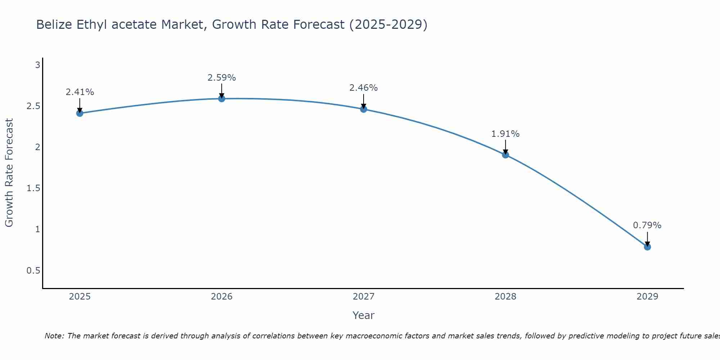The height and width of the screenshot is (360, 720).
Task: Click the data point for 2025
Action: pyautogui.click(x=80, y=113)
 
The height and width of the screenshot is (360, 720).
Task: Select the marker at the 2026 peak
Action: pyautogui.click(x=222, y=98)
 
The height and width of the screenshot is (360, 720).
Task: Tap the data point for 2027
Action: pyautogui.click(x=364, y=109)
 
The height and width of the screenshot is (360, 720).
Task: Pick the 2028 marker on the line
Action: pyautogui.click(x=505, y=155)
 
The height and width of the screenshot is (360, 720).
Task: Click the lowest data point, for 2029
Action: pyautogui.click(x=647, y=247)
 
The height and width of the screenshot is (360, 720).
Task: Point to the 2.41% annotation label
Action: pyautogui.click(x=80, y=92)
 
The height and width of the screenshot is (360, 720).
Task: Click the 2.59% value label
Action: pyautogui.click(x=222, y=78)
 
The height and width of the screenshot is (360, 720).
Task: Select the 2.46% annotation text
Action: pyautogui.click(x=364, y=88)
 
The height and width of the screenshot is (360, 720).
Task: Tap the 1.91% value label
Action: pyautogui.click(x=505, y=134)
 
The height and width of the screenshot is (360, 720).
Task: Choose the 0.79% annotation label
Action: pyautogui.click(x=647, y=225)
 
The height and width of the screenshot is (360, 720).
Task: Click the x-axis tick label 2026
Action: pyautogui.click(x=222, y=297)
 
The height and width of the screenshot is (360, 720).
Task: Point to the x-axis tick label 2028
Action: pyautogui.click(x=505, y=297)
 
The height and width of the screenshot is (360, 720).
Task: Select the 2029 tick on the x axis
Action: pyautogui.click(x=647, y=297)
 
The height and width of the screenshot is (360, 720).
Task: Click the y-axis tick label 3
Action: pyautogui.click(x=37, y=65)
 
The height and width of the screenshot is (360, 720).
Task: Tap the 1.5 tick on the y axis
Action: pyautogui.click(x=33, y=188)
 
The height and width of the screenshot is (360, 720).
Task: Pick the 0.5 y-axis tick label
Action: pyautogui.click(x=33, y=270)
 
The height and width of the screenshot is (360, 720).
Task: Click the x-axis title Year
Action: pyautogui.click(x=364, y=315)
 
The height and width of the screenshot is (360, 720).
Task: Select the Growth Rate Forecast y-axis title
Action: pyautogui.click(x=9, y=173)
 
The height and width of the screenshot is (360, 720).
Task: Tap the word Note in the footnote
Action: pyautogui.click(x=54, y=336)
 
